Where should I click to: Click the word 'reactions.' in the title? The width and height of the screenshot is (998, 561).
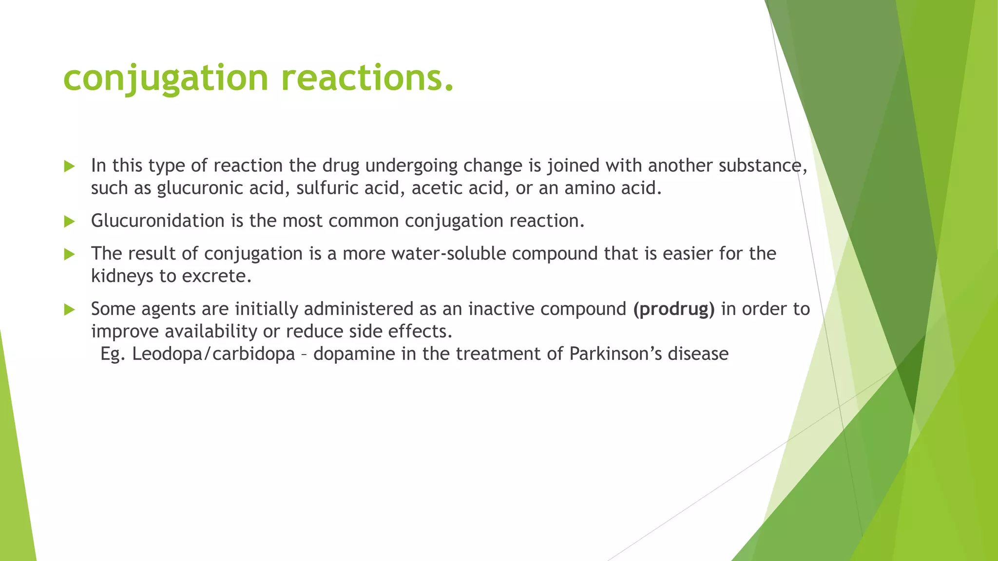(x=368, y=78)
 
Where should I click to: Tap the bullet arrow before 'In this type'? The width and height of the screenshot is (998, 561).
(x=70, y=167)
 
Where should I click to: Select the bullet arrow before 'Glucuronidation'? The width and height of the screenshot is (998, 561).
(x=70, y=222)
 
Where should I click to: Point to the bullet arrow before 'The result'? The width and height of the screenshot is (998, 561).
(x=70, y=254)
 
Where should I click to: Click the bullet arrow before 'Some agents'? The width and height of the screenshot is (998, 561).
(x=70, y=310)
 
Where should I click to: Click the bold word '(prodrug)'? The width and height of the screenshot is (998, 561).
(x=674, y=309)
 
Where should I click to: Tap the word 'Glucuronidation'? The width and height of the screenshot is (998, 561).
(x=157, y=221)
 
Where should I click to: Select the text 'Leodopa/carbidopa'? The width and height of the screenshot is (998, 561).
(x=213, y=354)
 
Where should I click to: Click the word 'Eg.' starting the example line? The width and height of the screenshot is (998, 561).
(x=113, y=354)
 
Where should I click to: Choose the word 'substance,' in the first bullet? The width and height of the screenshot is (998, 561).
(x=763, y=166)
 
